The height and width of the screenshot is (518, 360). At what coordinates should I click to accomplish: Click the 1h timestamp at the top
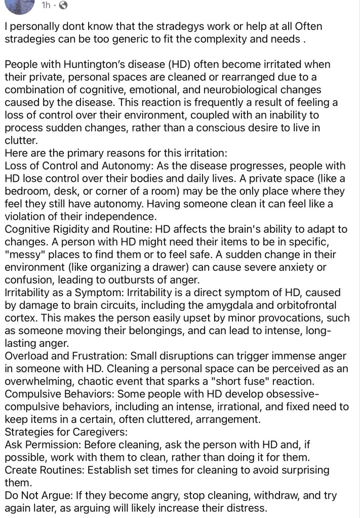(46, 6)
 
